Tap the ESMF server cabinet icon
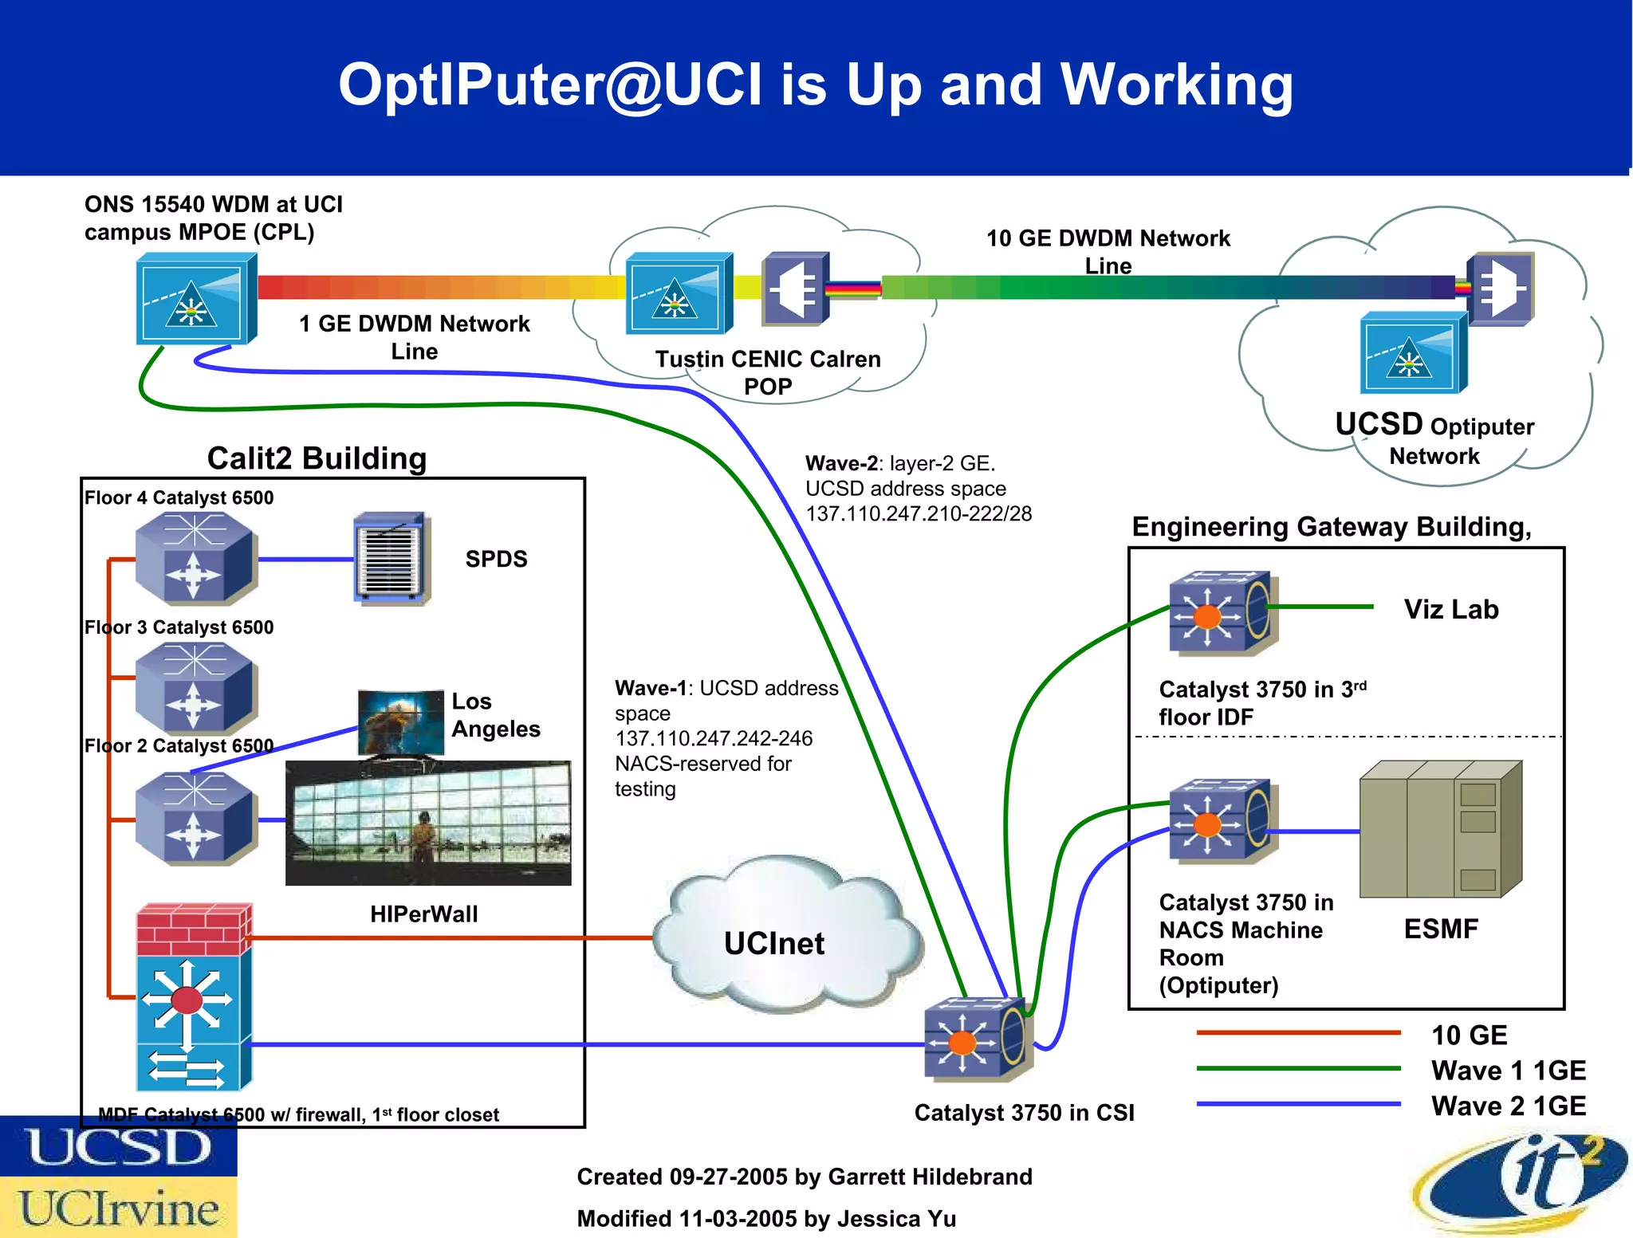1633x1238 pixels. click(1440, 829)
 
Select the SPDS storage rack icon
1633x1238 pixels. click(392, 558)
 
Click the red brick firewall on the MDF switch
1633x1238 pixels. click(194, 929)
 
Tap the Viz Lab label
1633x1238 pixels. click(1450, 609)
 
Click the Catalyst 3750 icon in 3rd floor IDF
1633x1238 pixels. click(1222, 612)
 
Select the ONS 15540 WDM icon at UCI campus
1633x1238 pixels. click(195, 298)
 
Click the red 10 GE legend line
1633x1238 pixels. click(1298, 1033)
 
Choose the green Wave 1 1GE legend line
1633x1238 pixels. click(1298, 1068)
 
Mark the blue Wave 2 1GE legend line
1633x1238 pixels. click(1298, 1104)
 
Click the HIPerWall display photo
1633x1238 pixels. click(428, 823)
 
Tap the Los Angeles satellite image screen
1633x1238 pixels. click(401, 722)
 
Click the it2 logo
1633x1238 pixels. click(1523, 1185)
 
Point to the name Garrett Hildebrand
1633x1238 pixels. click(930, 1177)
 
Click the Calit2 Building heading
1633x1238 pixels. click(317, 458)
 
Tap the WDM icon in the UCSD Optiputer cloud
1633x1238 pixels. click(1412, 353)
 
